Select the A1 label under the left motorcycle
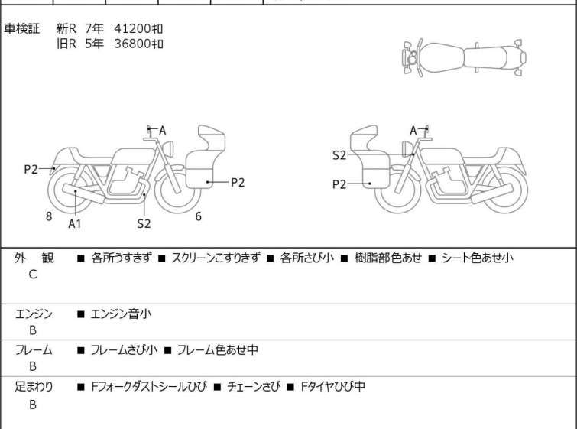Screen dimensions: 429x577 (74, 223)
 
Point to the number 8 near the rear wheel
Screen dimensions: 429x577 (49, 216)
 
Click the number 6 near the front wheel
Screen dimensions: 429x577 (198, 216)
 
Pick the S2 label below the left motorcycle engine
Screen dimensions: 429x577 (144, 223)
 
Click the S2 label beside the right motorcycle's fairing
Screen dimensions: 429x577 (339, 155)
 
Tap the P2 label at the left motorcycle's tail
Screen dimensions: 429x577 (31, 169)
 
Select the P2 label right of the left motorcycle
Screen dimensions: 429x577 (237, 182)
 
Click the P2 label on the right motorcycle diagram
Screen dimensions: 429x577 (339, 184)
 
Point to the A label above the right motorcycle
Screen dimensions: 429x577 (414, 131)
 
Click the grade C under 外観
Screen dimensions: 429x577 (33, 274)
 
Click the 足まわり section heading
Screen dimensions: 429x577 (34, 387)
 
